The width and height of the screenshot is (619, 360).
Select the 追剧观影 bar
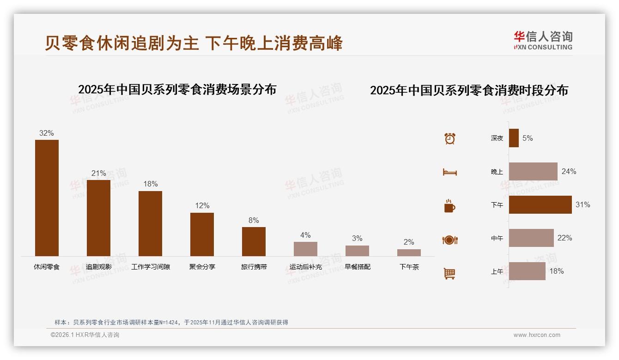click(98, 218)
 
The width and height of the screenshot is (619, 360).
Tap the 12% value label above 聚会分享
click(202, 206)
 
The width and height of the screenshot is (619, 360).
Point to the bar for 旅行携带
click(254, 241)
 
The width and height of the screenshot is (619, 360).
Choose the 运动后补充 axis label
click(305, 267)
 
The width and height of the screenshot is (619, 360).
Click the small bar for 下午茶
click(409, 252)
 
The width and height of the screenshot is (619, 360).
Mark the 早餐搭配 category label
click(357, 267)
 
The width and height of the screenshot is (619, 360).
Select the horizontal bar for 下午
click(540, 204)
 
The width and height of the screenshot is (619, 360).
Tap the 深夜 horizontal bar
click(514, 138)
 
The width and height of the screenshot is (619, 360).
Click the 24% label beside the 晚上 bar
click(569, 171)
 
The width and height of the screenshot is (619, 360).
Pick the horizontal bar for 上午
click(527, 271)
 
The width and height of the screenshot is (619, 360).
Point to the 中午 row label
click(497, 238)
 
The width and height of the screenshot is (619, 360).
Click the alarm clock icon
click(449, 138)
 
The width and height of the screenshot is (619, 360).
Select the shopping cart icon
click(449, 273)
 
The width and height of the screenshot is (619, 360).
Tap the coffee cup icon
click(449, 206)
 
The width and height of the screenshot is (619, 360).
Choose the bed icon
click(449, 172)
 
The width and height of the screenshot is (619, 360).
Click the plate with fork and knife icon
click(449, 240)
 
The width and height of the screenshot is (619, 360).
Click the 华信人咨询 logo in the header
click(543, 40)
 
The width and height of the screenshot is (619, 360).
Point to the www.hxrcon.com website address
click(537, 335)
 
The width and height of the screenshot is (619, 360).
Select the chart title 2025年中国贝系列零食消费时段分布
click(469, 90)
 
